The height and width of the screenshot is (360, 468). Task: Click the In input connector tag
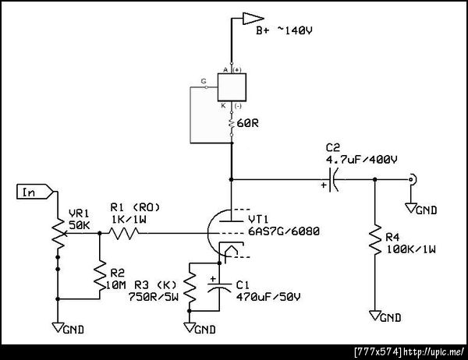click(x=35, y=192)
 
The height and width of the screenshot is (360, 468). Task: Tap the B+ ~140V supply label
click(x=284, y=30)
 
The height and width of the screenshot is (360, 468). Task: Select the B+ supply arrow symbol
click(x=253, y=18)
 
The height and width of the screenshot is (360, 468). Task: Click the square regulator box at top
click(x=232, y=87)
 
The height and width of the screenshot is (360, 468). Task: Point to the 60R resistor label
click(x=248, y=123)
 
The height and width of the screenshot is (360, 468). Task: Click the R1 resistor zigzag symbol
click(x=123, y=233)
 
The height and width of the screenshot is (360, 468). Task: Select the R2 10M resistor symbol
click(x=100, y=275)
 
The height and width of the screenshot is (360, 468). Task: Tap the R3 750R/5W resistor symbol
click(x=190, y=288)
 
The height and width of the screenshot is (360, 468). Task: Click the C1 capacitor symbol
click(x=219, y=287)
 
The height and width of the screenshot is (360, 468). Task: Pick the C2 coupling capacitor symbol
click(x=333, y=179)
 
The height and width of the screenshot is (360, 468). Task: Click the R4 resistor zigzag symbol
click(x=375, y=239)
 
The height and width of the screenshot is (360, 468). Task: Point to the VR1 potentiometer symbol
click(x=58, y=234)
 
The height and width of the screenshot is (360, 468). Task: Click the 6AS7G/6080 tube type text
click(x=284, y=231)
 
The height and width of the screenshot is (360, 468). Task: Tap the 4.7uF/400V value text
click(x=361, y=160)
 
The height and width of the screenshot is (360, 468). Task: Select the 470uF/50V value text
click(x=268, y=297)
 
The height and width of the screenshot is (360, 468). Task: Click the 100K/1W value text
click(x=411, y=249)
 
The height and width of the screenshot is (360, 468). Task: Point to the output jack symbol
click(x=413, y=180)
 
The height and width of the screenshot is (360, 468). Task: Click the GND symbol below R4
click(x=385, y=316)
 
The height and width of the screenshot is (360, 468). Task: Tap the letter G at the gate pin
click(x=204, y=81)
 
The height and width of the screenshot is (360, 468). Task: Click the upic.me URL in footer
click(x=434, y=352)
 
